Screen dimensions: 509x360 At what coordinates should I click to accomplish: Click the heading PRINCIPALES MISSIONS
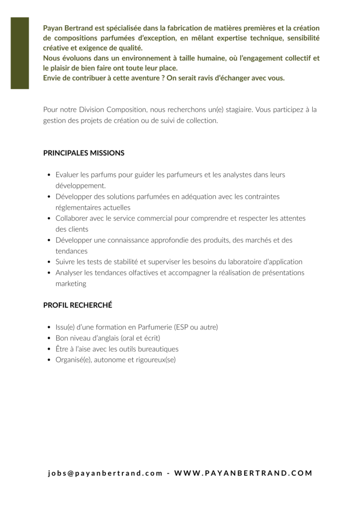pos(84,153)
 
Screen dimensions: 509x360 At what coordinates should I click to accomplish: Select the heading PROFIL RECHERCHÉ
pos(78,305)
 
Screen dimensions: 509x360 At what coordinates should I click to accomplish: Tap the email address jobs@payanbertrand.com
pos(105,473)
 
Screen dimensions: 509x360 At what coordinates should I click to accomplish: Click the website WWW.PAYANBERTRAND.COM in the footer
pos(244,473)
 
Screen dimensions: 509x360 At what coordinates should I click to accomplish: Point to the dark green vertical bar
pos(20,53)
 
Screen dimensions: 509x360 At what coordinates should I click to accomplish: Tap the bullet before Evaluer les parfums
pos(48,175)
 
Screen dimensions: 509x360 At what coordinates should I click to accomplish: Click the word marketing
pos(71,284)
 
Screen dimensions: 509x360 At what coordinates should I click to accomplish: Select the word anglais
pos(105,338)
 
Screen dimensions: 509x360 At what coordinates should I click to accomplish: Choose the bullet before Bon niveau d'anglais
pos(48,338)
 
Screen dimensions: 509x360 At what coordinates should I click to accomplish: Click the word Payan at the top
pos(54,28)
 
